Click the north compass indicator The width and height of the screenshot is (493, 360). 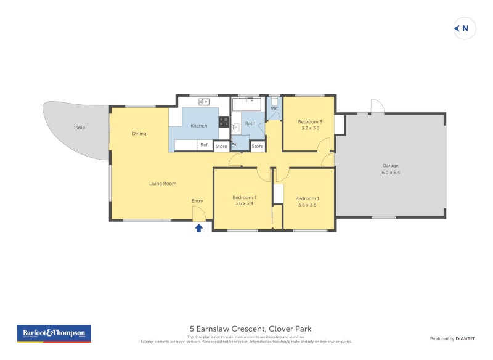coord(465,28)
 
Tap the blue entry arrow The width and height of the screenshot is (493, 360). coord(199,228)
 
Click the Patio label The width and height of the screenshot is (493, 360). coord(79,128)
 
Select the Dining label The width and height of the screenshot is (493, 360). coord(139,133)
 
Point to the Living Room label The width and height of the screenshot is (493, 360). coord(163,183)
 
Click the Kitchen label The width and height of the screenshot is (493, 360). coord(199,126)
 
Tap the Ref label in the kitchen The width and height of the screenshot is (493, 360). coord(203,145)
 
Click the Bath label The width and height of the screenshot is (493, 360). coord(250,123)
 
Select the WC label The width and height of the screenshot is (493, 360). coord(275,108)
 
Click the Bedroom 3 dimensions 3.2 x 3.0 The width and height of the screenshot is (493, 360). coord(311,128)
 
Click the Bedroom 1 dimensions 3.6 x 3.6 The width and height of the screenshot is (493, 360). coord(308,205)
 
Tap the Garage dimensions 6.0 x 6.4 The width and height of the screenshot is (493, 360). coord(391,173)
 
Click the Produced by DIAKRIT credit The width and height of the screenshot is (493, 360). coord(450,338)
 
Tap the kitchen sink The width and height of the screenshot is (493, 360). coord(203,102)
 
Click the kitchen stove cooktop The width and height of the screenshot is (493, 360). coord(224,123)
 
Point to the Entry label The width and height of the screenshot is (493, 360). coord(197,201)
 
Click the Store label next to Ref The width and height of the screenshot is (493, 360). coord(221,147)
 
